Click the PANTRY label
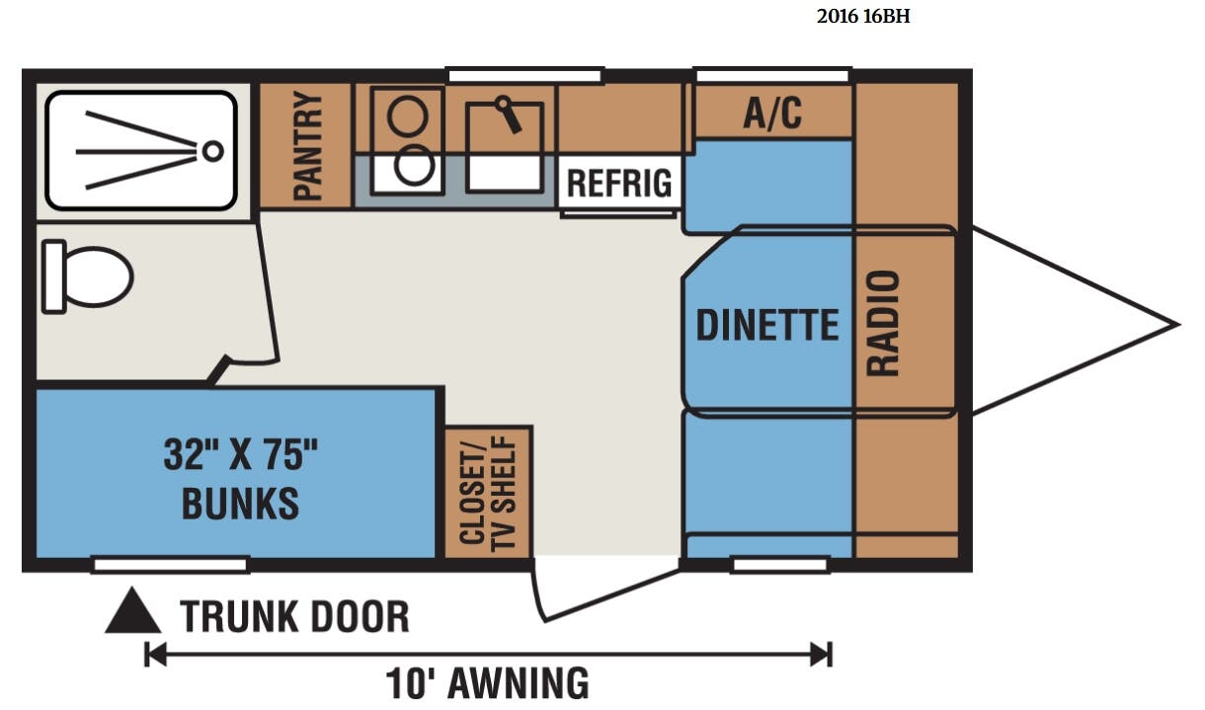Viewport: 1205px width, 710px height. [308, 146]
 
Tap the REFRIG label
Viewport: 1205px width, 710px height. [619, 183]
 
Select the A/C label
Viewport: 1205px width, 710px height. [772, 113]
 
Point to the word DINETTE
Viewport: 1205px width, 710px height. [767, 325]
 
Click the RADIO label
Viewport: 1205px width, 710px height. [883, 323]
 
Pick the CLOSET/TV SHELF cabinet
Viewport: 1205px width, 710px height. [489, 492]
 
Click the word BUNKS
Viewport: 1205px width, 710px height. [240, 504]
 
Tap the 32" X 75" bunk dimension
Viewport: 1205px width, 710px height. [240, 455]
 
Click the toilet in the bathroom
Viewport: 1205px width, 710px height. [88, 277]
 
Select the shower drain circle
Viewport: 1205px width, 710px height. [213, 151]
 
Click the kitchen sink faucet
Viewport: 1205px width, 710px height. [509, 114]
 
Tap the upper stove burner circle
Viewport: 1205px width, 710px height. [408, 117]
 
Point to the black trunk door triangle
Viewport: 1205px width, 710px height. [132, 611]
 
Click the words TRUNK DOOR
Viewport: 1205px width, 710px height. [294, 616]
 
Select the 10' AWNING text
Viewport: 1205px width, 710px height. [487, 683]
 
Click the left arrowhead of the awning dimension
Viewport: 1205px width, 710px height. [155, 655]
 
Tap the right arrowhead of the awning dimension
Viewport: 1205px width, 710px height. [822, 655]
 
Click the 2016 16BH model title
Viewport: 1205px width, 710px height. [863, 17]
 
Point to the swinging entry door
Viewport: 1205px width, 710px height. [605, 592]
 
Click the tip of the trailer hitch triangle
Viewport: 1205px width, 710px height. [1179, 324]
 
